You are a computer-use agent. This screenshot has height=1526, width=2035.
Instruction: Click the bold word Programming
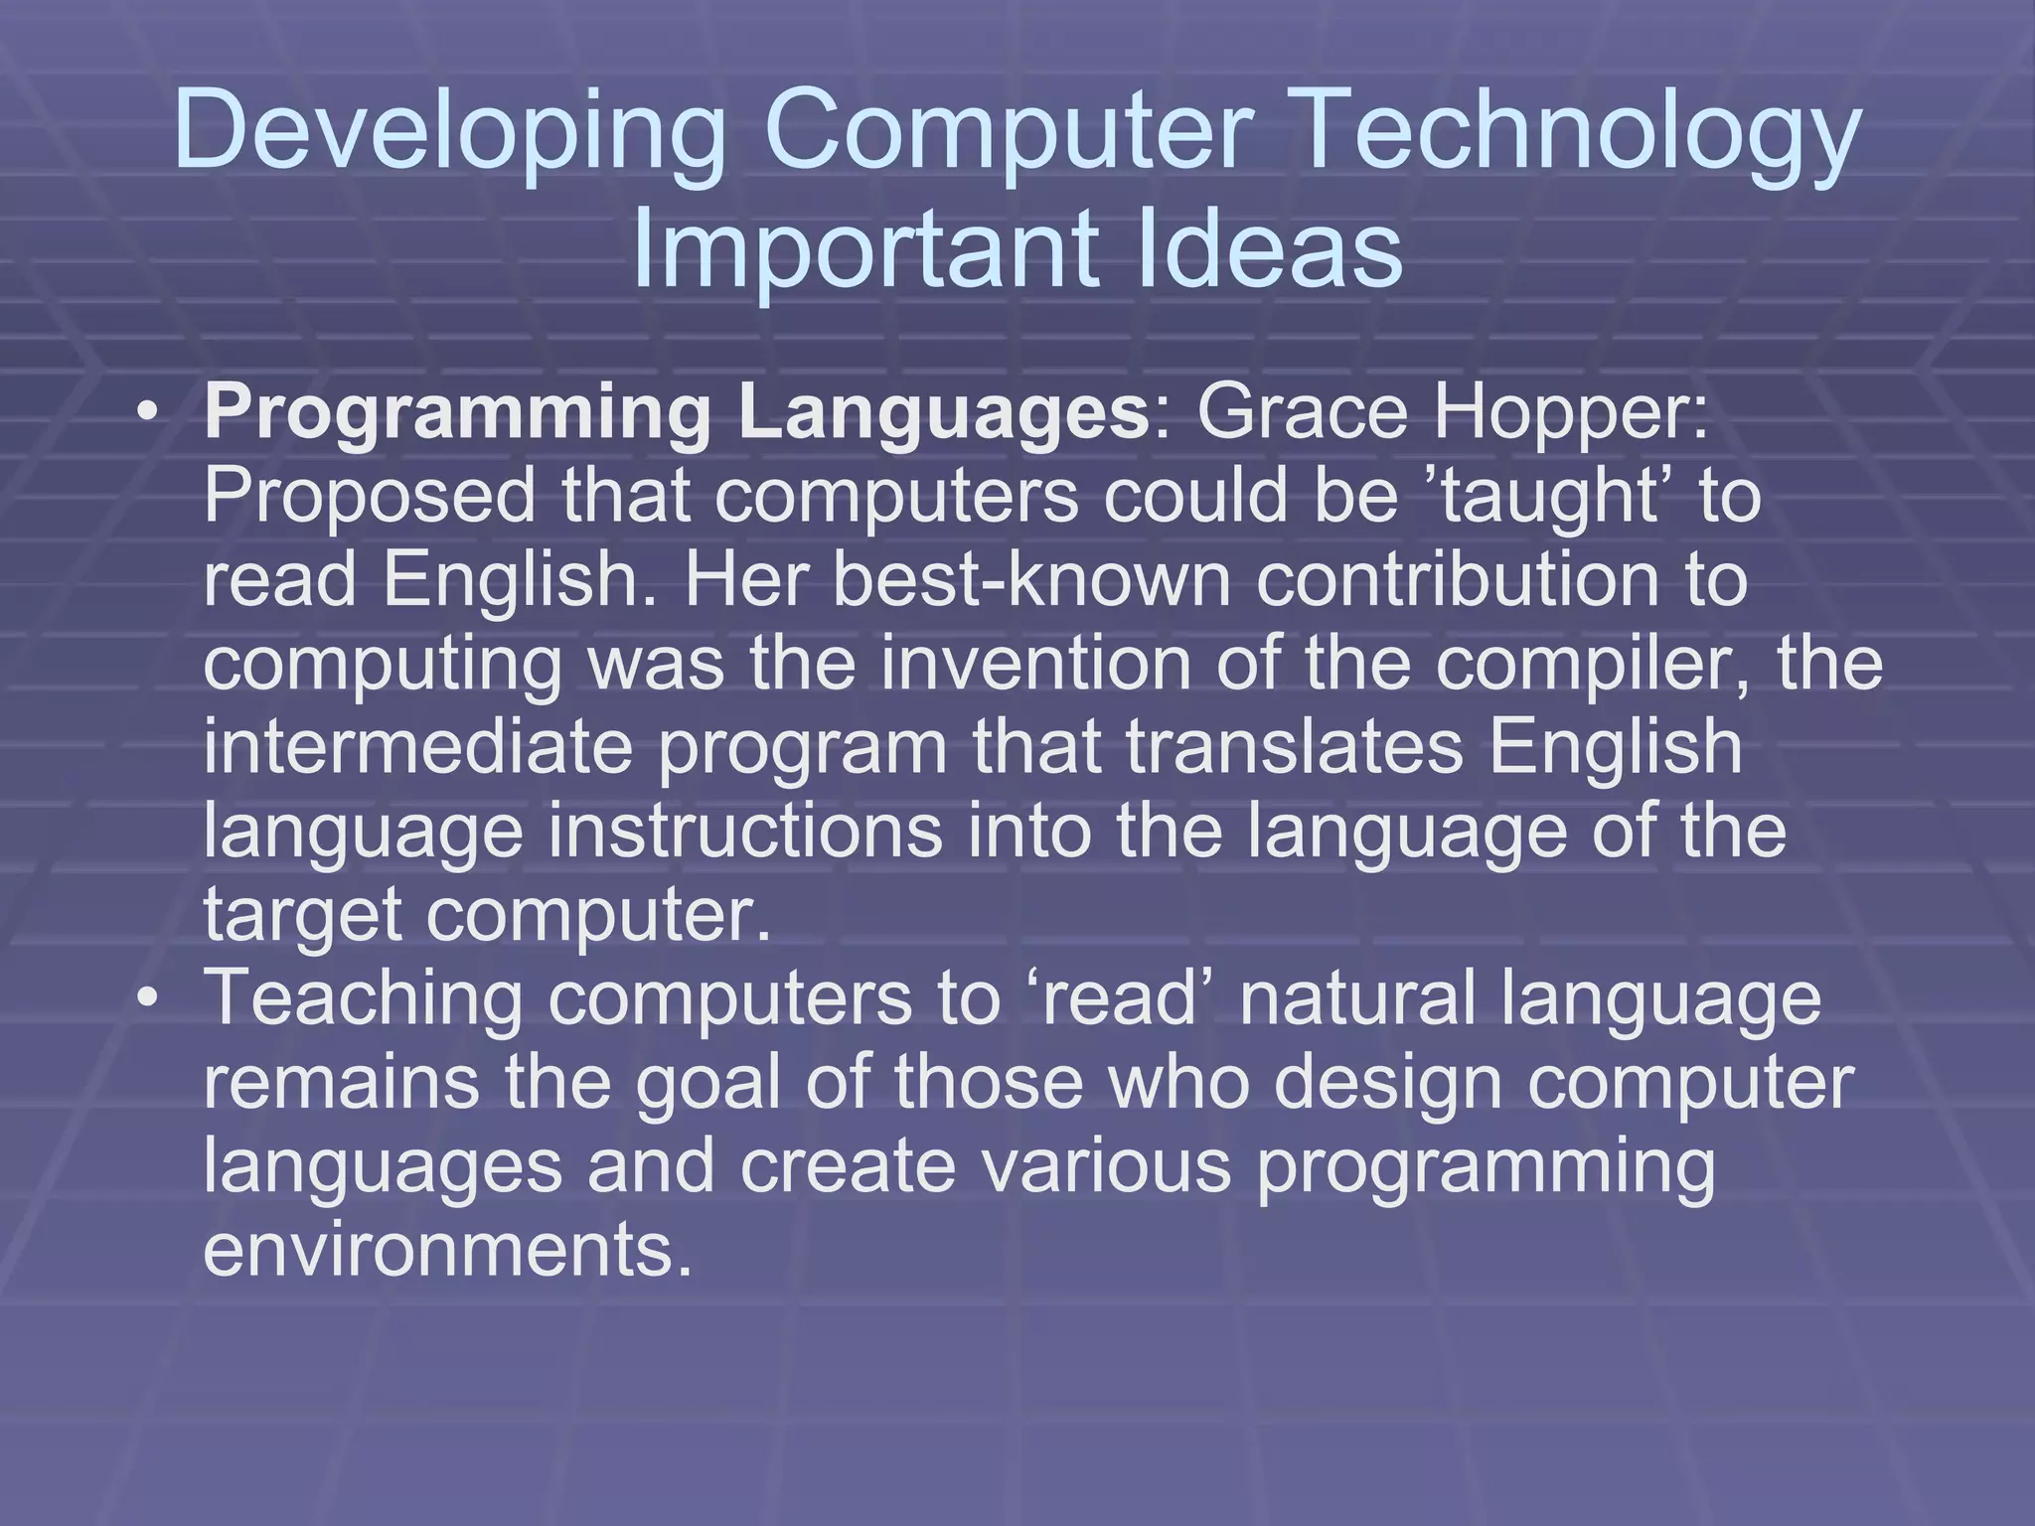(x=456, y=415)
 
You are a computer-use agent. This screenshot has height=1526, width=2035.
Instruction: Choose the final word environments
(x=447, y=1249)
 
